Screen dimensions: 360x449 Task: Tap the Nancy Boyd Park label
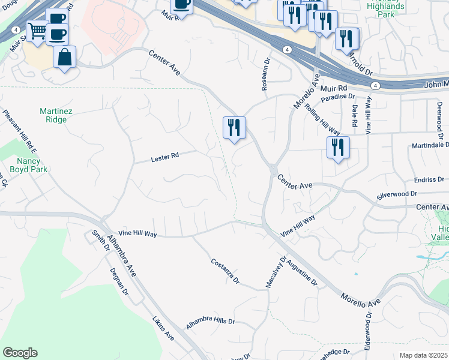tap(23, 164)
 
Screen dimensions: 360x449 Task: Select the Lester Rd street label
tap(165, 157)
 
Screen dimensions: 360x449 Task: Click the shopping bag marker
tap(64, 58)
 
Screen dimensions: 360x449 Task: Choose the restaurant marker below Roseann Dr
tap(234, 127)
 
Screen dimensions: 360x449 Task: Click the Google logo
tap(20, 353)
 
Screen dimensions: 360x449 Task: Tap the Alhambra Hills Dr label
tap(210, 320)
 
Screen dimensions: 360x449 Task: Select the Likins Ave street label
tap(163, 331)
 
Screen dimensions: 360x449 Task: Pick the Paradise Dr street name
tap(338, 97)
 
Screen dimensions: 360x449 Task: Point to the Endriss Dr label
tap(429, 179)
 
